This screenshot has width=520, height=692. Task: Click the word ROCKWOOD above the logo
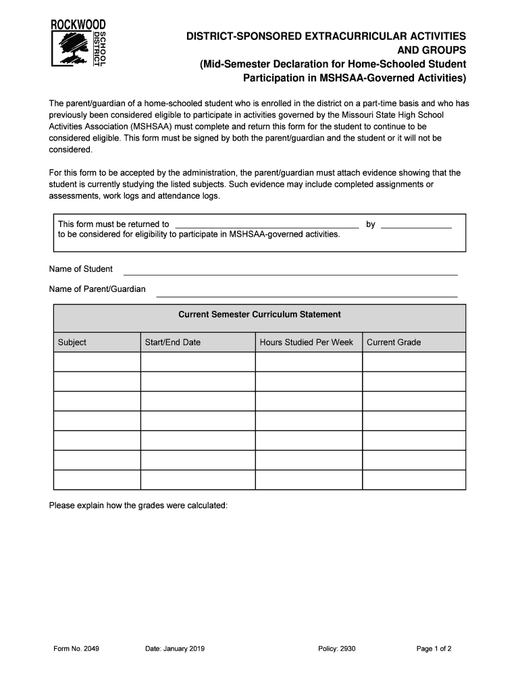coord(78,24)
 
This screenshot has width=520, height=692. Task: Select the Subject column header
coord(72,343)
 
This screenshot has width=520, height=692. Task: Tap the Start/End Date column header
coord(173,343)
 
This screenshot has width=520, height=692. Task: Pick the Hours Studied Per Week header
coord(306,343)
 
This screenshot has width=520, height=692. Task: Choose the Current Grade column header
coord(394,343)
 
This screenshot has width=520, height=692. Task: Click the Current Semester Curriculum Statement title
coord(259,315)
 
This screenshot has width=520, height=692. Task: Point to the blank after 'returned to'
coord(267,226)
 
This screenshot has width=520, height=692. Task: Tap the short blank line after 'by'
coord(416,226)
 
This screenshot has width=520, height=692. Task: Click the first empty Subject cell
coord(97,362)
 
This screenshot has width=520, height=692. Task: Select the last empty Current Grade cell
coord(413,480)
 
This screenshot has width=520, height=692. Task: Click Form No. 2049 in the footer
coord(76,649)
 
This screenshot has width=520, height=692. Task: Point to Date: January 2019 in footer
coord(175,649)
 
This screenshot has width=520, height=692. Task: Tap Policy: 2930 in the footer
coord(336,649)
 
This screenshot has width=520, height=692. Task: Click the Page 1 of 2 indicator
coord(434,649)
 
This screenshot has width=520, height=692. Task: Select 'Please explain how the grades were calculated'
coord(138,506)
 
